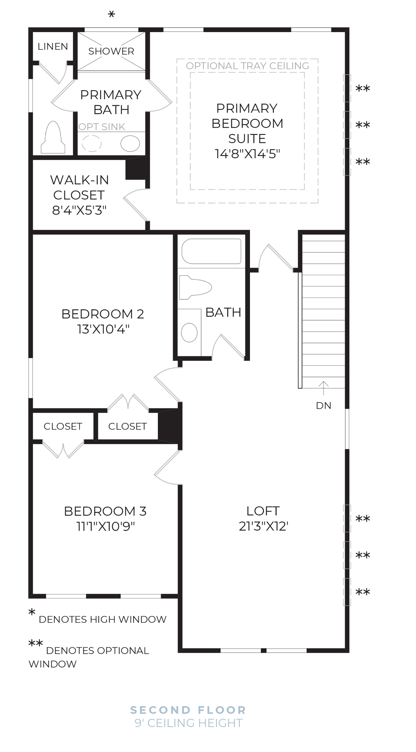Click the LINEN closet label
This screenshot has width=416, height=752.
click(52, 47)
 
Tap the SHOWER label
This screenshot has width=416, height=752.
click(111, 51)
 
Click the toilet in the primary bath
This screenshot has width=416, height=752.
click(53, 138)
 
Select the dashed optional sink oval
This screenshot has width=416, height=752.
click(92, 143)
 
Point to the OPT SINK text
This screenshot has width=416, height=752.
click(102, 127)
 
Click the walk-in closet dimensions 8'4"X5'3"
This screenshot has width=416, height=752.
click(79, 210)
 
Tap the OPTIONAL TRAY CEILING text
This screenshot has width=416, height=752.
click(247, 66)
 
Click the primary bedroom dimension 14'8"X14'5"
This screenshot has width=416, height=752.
click(247, 154)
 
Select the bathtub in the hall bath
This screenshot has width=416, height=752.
click(211, 251)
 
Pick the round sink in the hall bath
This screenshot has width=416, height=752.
click(189, 333)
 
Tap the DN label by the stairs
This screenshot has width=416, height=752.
click(324, 406)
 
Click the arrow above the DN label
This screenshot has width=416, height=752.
click(324, 388)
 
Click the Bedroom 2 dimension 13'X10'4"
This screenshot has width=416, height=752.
click(103, 329)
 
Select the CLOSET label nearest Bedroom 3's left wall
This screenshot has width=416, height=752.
click(63, 427)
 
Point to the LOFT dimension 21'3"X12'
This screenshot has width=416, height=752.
click(263, 526)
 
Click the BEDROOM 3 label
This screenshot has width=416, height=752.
click(105, 511)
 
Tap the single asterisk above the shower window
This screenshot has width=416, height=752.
click(112, 15)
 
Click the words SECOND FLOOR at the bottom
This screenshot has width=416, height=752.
click(188, 710)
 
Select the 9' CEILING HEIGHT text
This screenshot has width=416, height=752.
click(188, 723)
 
